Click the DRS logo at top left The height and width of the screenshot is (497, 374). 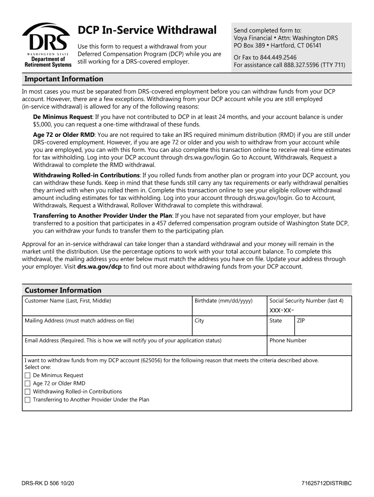(47, 45)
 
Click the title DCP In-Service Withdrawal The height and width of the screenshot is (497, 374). (147, 31)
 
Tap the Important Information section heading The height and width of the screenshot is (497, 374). (64, 79)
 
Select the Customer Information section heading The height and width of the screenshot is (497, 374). (63, 290)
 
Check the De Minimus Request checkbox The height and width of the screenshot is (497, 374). (28, 376)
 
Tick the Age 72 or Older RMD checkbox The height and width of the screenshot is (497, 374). (28, 384)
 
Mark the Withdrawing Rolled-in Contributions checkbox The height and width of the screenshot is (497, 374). (28, 392)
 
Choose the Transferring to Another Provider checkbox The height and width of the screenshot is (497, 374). (28, 400)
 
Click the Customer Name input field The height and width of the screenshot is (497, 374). (107, 309)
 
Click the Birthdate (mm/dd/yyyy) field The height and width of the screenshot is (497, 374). (229, 309)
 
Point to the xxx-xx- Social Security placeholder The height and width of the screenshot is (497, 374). (282, 310)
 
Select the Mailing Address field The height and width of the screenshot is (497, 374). (107, 329)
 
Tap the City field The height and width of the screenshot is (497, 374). (229, 329)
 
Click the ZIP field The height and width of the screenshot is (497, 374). (323, 329)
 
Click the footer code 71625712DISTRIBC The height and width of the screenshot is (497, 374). (326, 484)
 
